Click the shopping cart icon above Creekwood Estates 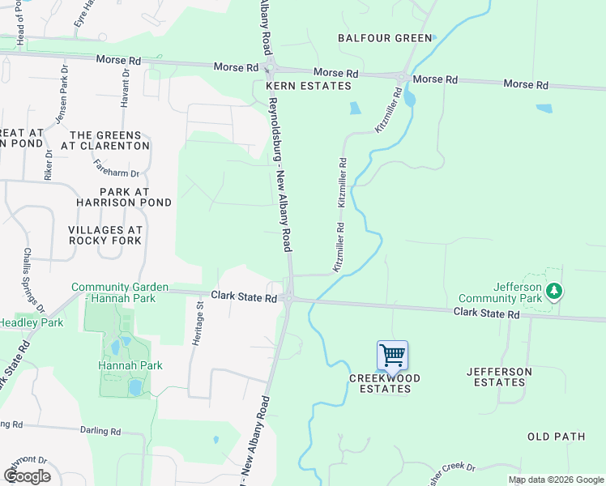[x=392, y=355]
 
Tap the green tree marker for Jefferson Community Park [x=553, y=290]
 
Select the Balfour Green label [x=385, y=38]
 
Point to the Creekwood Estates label [x=380, y=383]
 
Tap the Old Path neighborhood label [x=556, y=437]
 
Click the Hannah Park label [x=130, y=365]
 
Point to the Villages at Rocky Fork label [x=105, y=235]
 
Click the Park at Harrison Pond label [x=124, y=196]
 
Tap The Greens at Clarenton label [x=109, y=140]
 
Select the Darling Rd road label [x=100, y=432]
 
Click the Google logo [x=28, y=476]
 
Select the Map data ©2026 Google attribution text [x=556, y=480]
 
